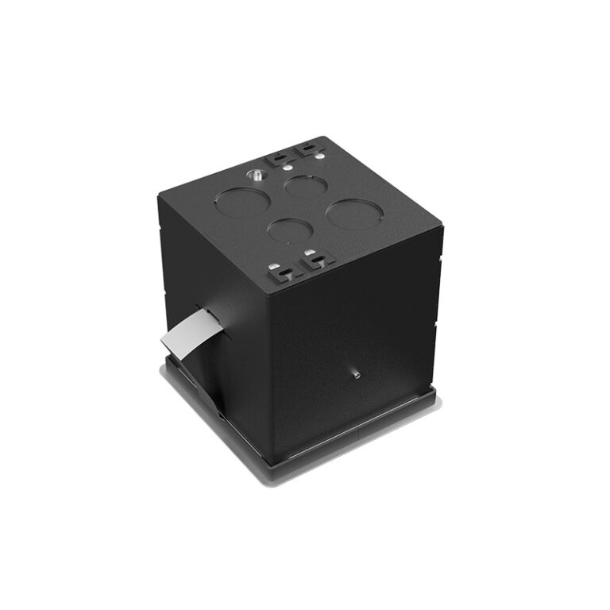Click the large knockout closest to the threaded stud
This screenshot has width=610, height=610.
241,202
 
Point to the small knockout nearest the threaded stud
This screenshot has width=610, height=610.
306,187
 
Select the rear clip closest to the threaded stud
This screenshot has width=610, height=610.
277,157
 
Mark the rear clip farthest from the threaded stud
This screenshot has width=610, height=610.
305,149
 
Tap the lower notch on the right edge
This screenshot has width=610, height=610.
437,326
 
